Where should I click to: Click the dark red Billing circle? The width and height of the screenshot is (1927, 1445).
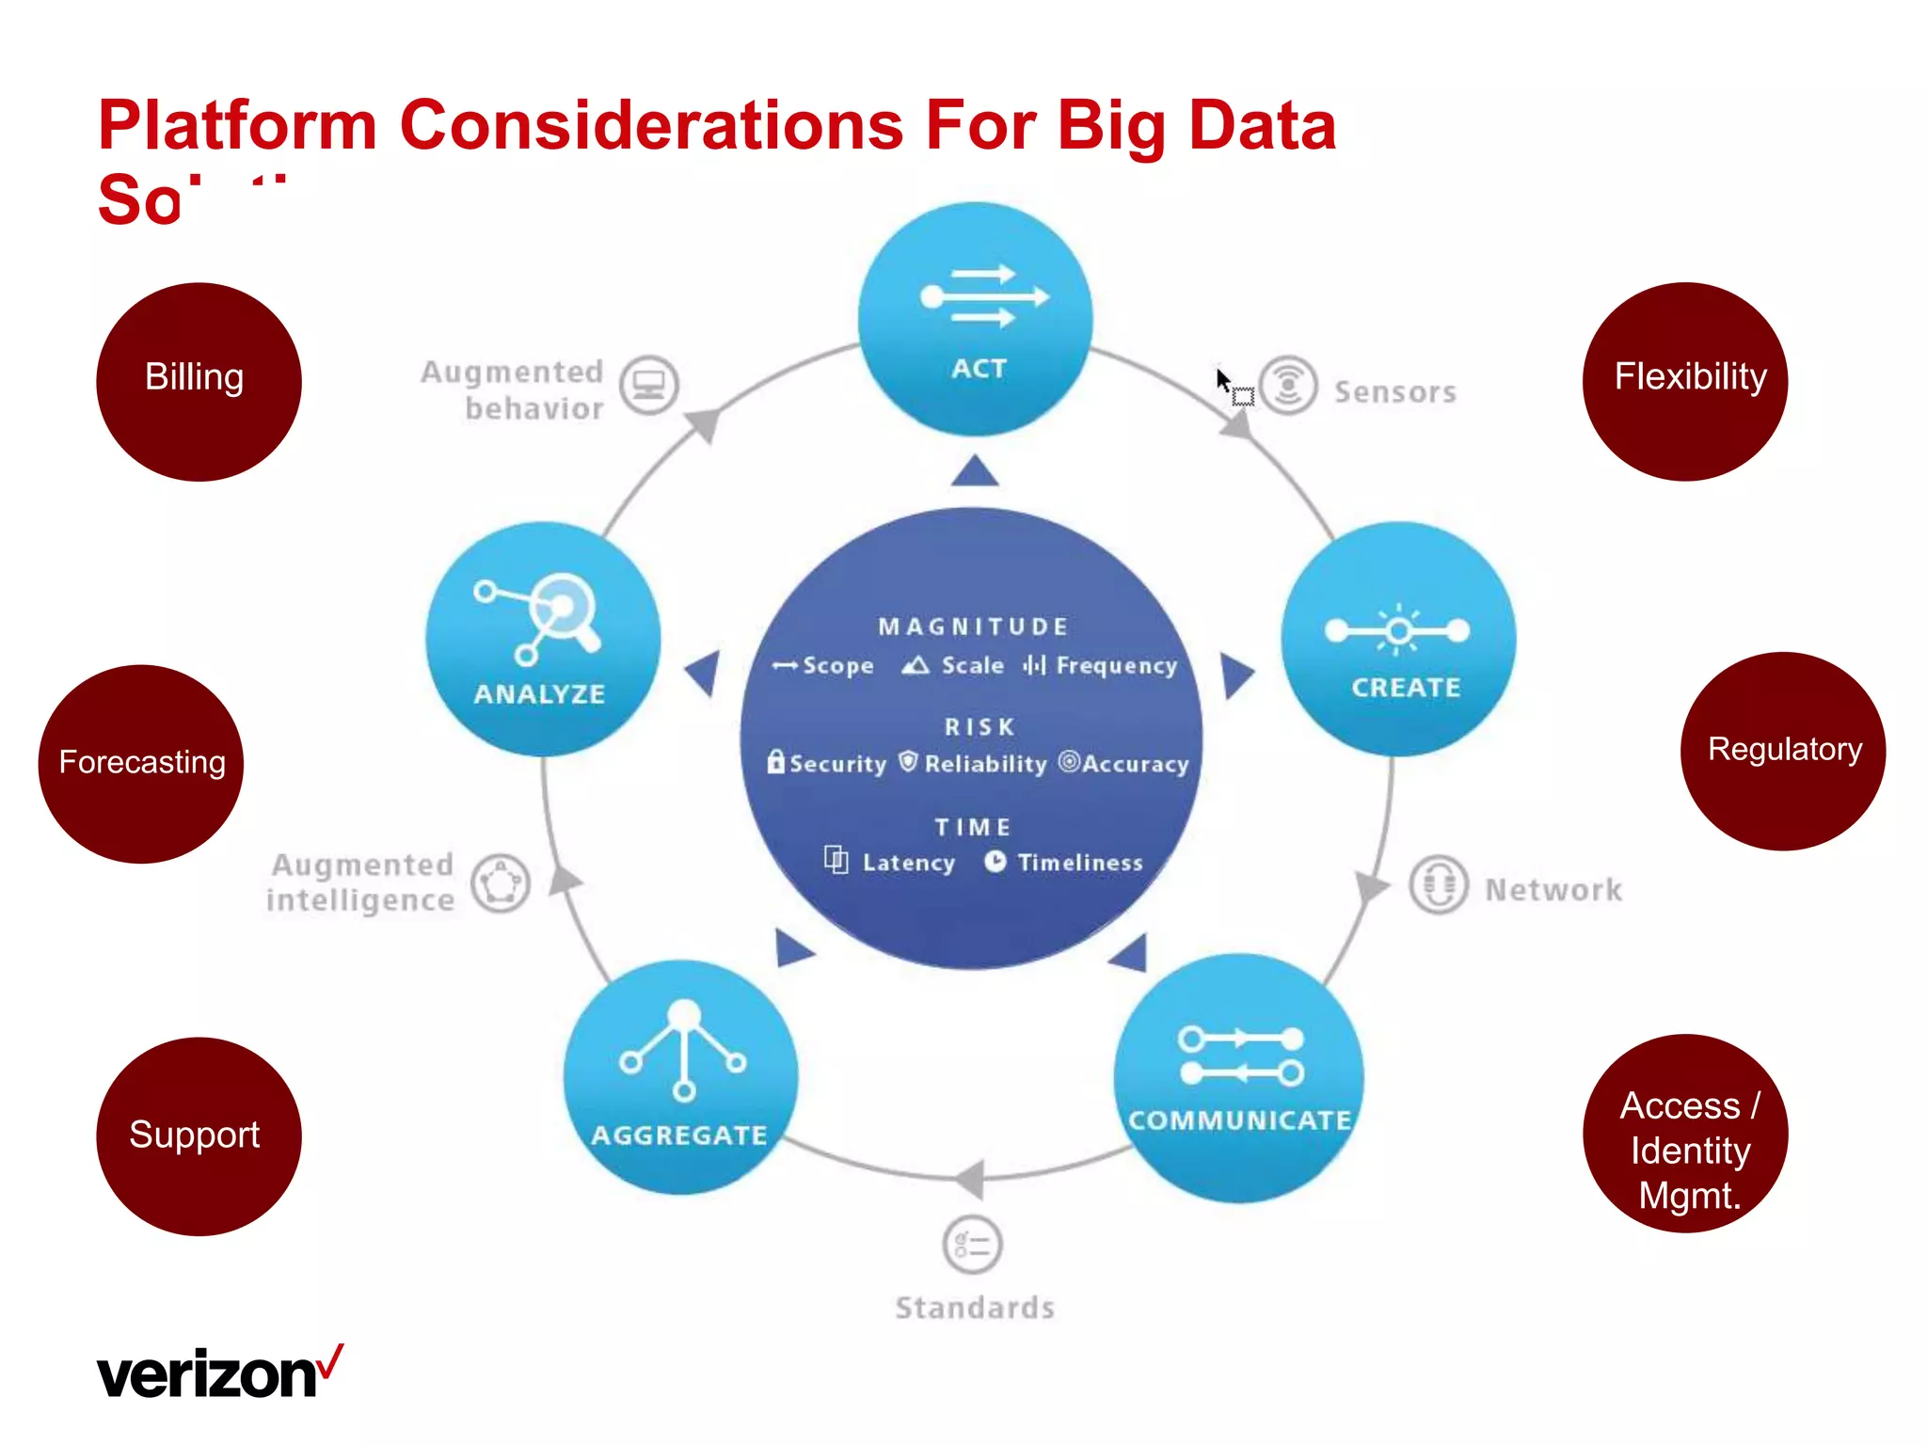click(x=198, y=381)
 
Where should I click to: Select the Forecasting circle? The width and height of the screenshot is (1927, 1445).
click(x=141, y=763)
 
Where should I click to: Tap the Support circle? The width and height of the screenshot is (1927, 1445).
click(x=198, y=1135)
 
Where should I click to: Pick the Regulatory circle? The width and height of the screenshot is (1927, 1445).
click(x=1783, y=751)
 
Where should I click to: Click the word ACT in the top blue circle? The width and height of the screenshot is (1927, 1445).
click(x=979, y=369)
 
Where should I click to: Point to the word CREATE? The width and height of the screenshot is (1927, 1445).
click(x=1406, y=688)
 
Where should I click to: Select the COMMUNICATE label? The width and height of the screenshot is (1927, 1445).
click(x=1239, y=1120)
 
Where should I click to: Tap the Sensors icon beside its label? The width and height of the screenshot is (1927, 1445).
click(x=1288, y=385)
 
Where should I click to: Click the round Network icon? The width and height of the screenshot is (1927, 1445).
click(x=1438, y=884)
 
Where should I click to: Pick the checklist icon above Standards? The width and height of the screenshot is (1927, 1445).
click(x=972, y=1245)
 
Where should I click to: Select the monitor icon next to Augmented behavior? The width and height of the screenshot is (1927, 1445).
click(x=648, y=385)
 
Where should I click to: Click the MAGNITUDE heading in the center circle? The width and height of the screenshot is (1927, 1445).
click(x=973, y=627)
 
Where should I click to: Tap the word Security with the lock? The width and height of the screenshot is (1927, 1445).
click(x=837, y=764)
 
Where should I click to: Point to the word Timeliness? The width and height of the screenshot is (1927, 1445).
click(x=1080, y=863)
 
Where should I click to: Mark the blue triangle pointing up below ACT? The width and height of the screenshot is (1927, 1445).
click(x=975, y=472)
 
